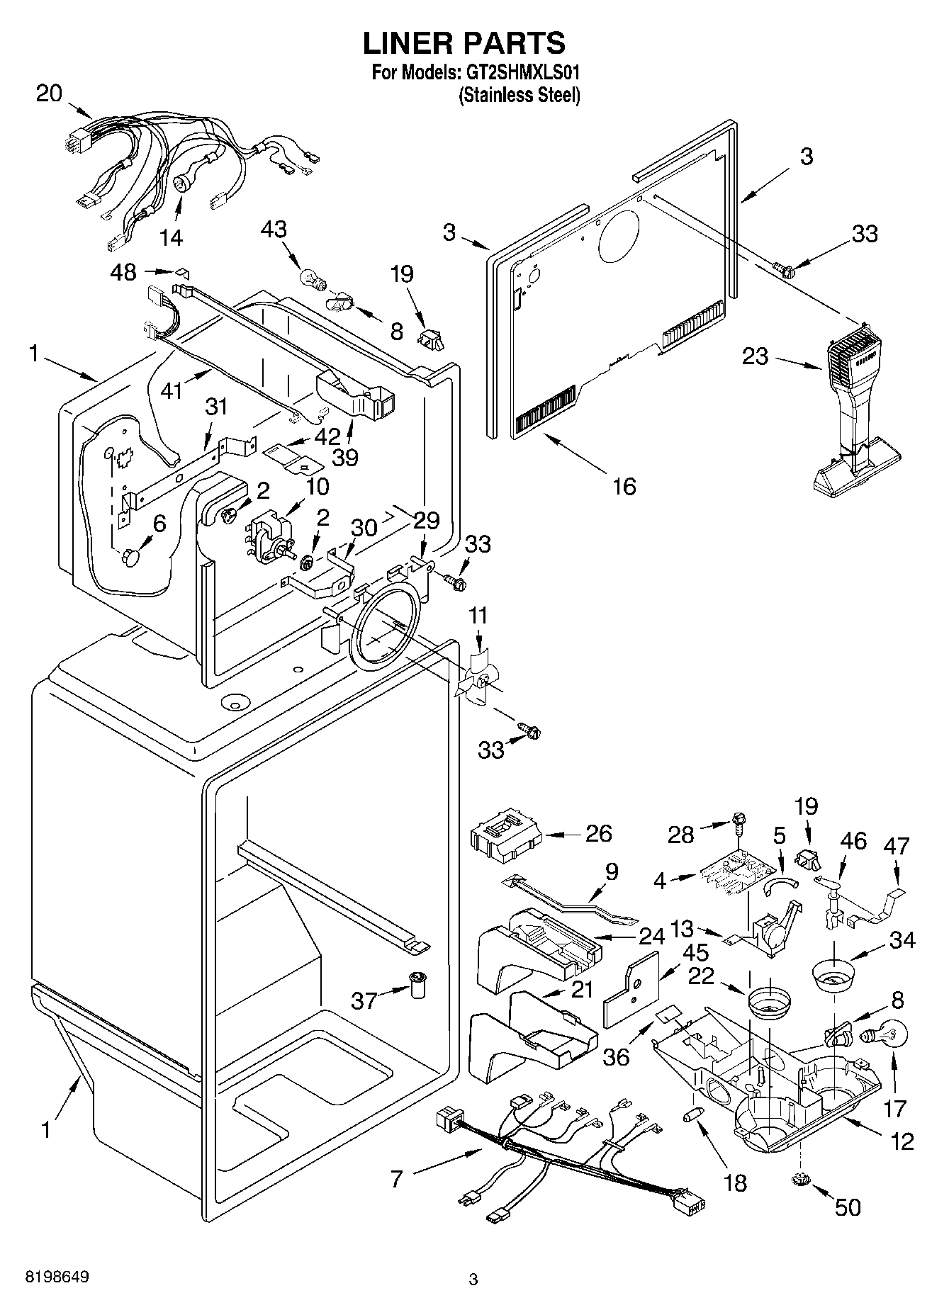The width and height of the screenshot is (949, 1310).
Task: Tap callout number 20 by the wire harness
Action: [49, 94]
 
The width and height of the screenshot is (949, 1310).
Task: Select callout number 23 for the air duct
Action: [756, 356]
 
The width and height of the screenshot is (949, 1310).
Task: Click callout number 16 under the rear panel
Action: [624, 486]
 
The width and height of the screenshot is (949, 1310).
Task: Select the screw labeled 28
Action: [740, 824]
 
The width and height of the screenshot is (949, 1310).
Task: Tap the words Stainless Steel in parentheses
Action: [520, 95]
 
